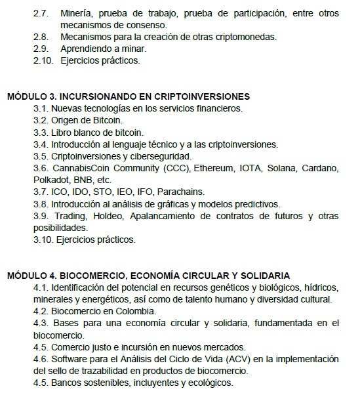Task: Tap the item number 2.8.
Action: (41, 37)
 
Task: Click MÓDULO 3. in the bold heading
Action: (31, 96)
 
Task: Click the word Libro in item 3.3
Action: (64, 132)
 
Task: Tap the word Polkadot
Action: (52, 180)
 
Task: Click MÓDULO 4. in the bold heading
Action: (31, 276)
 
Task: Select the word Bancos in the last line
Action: (67, 383)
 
